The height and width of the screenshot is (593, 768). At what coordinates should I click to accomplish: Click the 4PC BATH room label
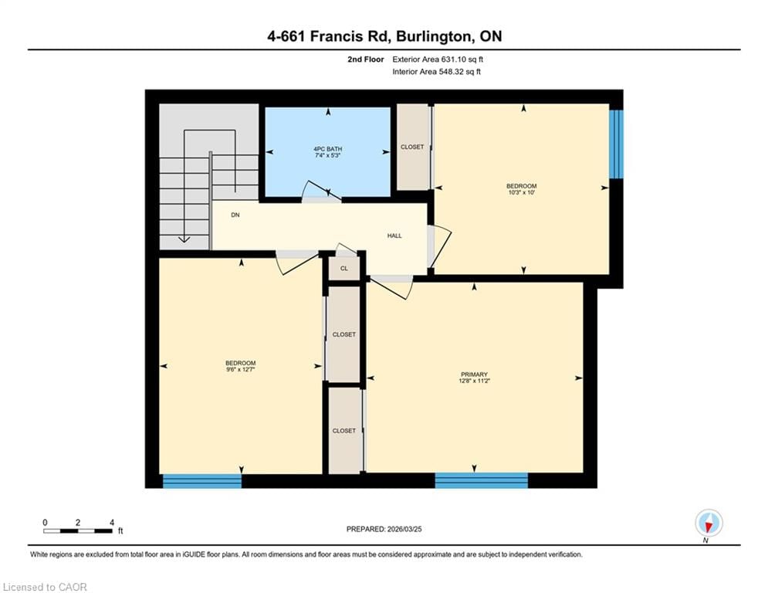[328, 149]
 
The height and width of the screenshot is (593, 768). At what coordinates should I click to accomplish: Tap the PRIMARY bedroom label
[474, 374]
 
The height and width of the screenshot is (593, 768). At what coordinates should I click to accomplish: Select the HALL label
[394, 236]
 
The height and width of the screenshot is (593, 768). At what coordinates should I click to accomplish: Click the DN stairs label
[235, 215]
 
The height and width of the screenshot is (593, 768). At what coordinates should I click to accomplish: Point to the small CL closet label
[343, 269]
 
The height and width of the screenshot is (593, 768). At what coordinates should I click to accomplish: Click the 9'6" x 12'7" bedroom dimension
[241, 370]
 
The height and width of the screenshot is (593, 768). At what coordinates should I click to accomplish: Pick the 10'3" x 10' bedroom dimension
[521, 192]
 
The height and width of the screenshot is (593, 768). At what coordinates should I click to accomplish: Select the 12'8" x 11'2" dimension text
[474, 381]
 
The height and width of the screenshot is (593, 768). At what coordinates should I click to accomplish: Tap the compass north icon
[709, 523]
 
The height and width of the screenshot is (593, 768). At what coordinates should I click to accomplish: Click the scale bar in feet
[78, 530]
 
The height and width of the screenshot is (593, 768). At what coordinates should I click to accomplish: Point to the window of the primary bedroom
[482, 480]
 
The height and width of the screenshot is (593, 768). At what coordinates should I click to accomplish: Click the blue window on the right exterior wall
[616, 144]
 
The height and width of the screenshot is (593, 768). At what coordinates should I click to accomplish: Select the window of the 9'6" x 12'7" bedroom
[201, 481]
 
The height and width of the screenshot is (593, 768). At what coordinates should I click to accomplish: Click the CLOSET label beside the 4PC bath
[412, 147]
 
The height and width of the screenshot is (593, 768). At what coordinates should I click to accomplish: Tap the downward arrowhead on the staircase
[184, 239]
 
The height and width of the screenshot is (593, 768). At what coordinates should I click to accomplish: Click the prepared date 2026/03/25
[404, 529]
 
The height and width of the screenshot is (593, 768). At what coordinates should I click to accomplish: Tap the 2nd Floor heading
[366, 59]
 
